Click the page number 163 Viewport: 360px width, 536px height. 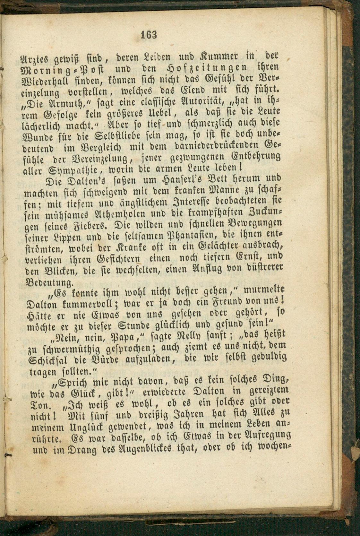point(149,34)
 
